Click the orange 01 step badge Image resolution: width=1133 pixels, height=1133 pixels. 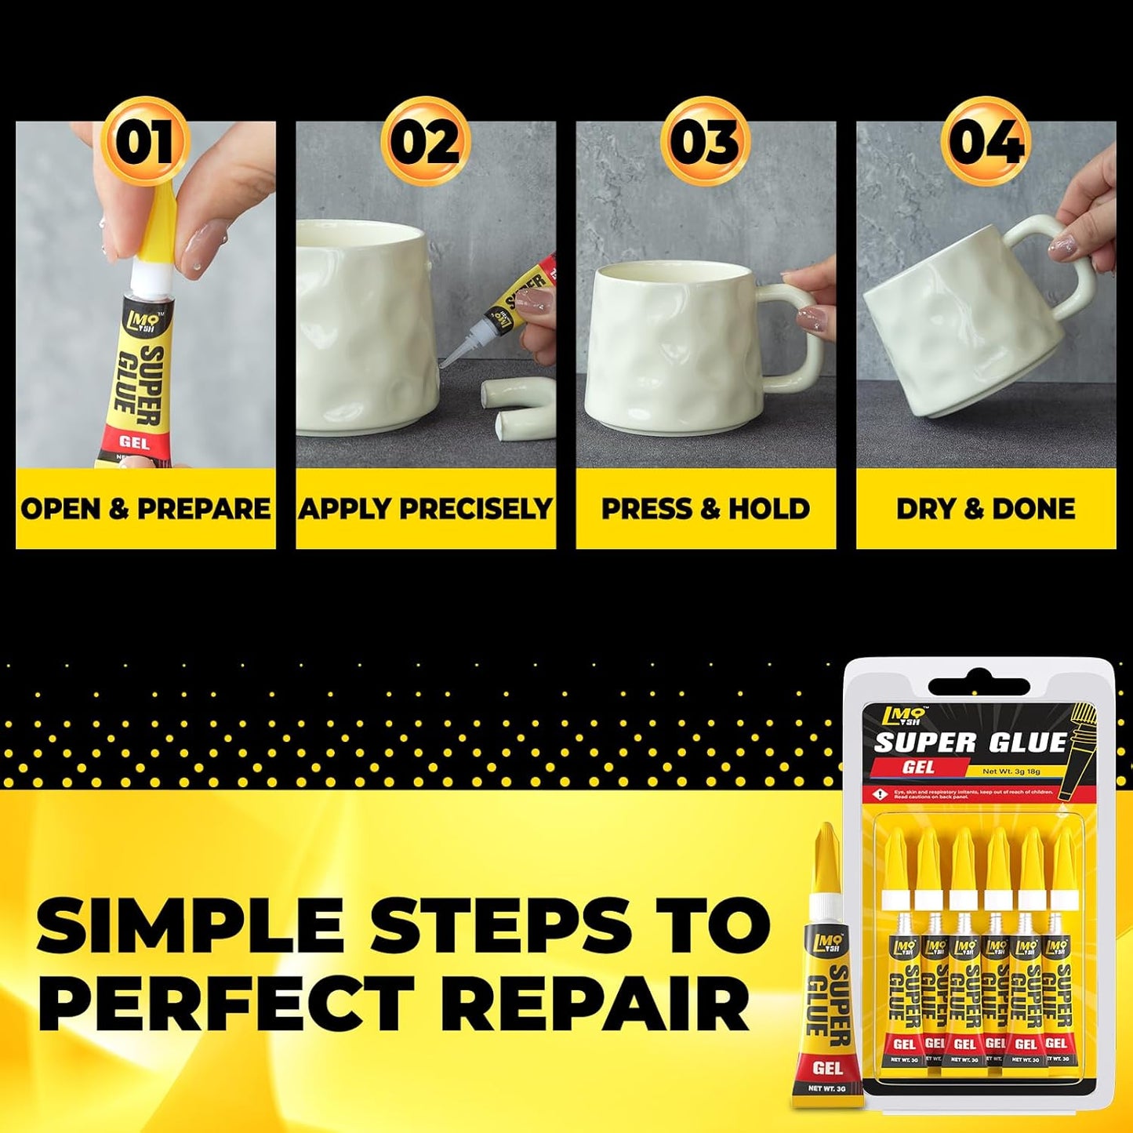145,142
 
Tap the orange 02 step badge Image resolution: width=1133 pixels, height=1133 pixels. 426,142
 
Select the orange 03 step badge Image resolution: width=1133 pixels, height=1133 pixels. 706,142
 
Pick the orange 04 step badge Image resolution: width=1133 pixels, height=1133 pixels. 986,142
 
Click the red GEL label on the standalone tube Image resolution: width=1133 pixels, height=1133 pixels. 827,1067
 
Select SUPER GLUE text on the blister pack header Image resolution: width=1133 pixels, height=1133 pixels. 971,742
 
